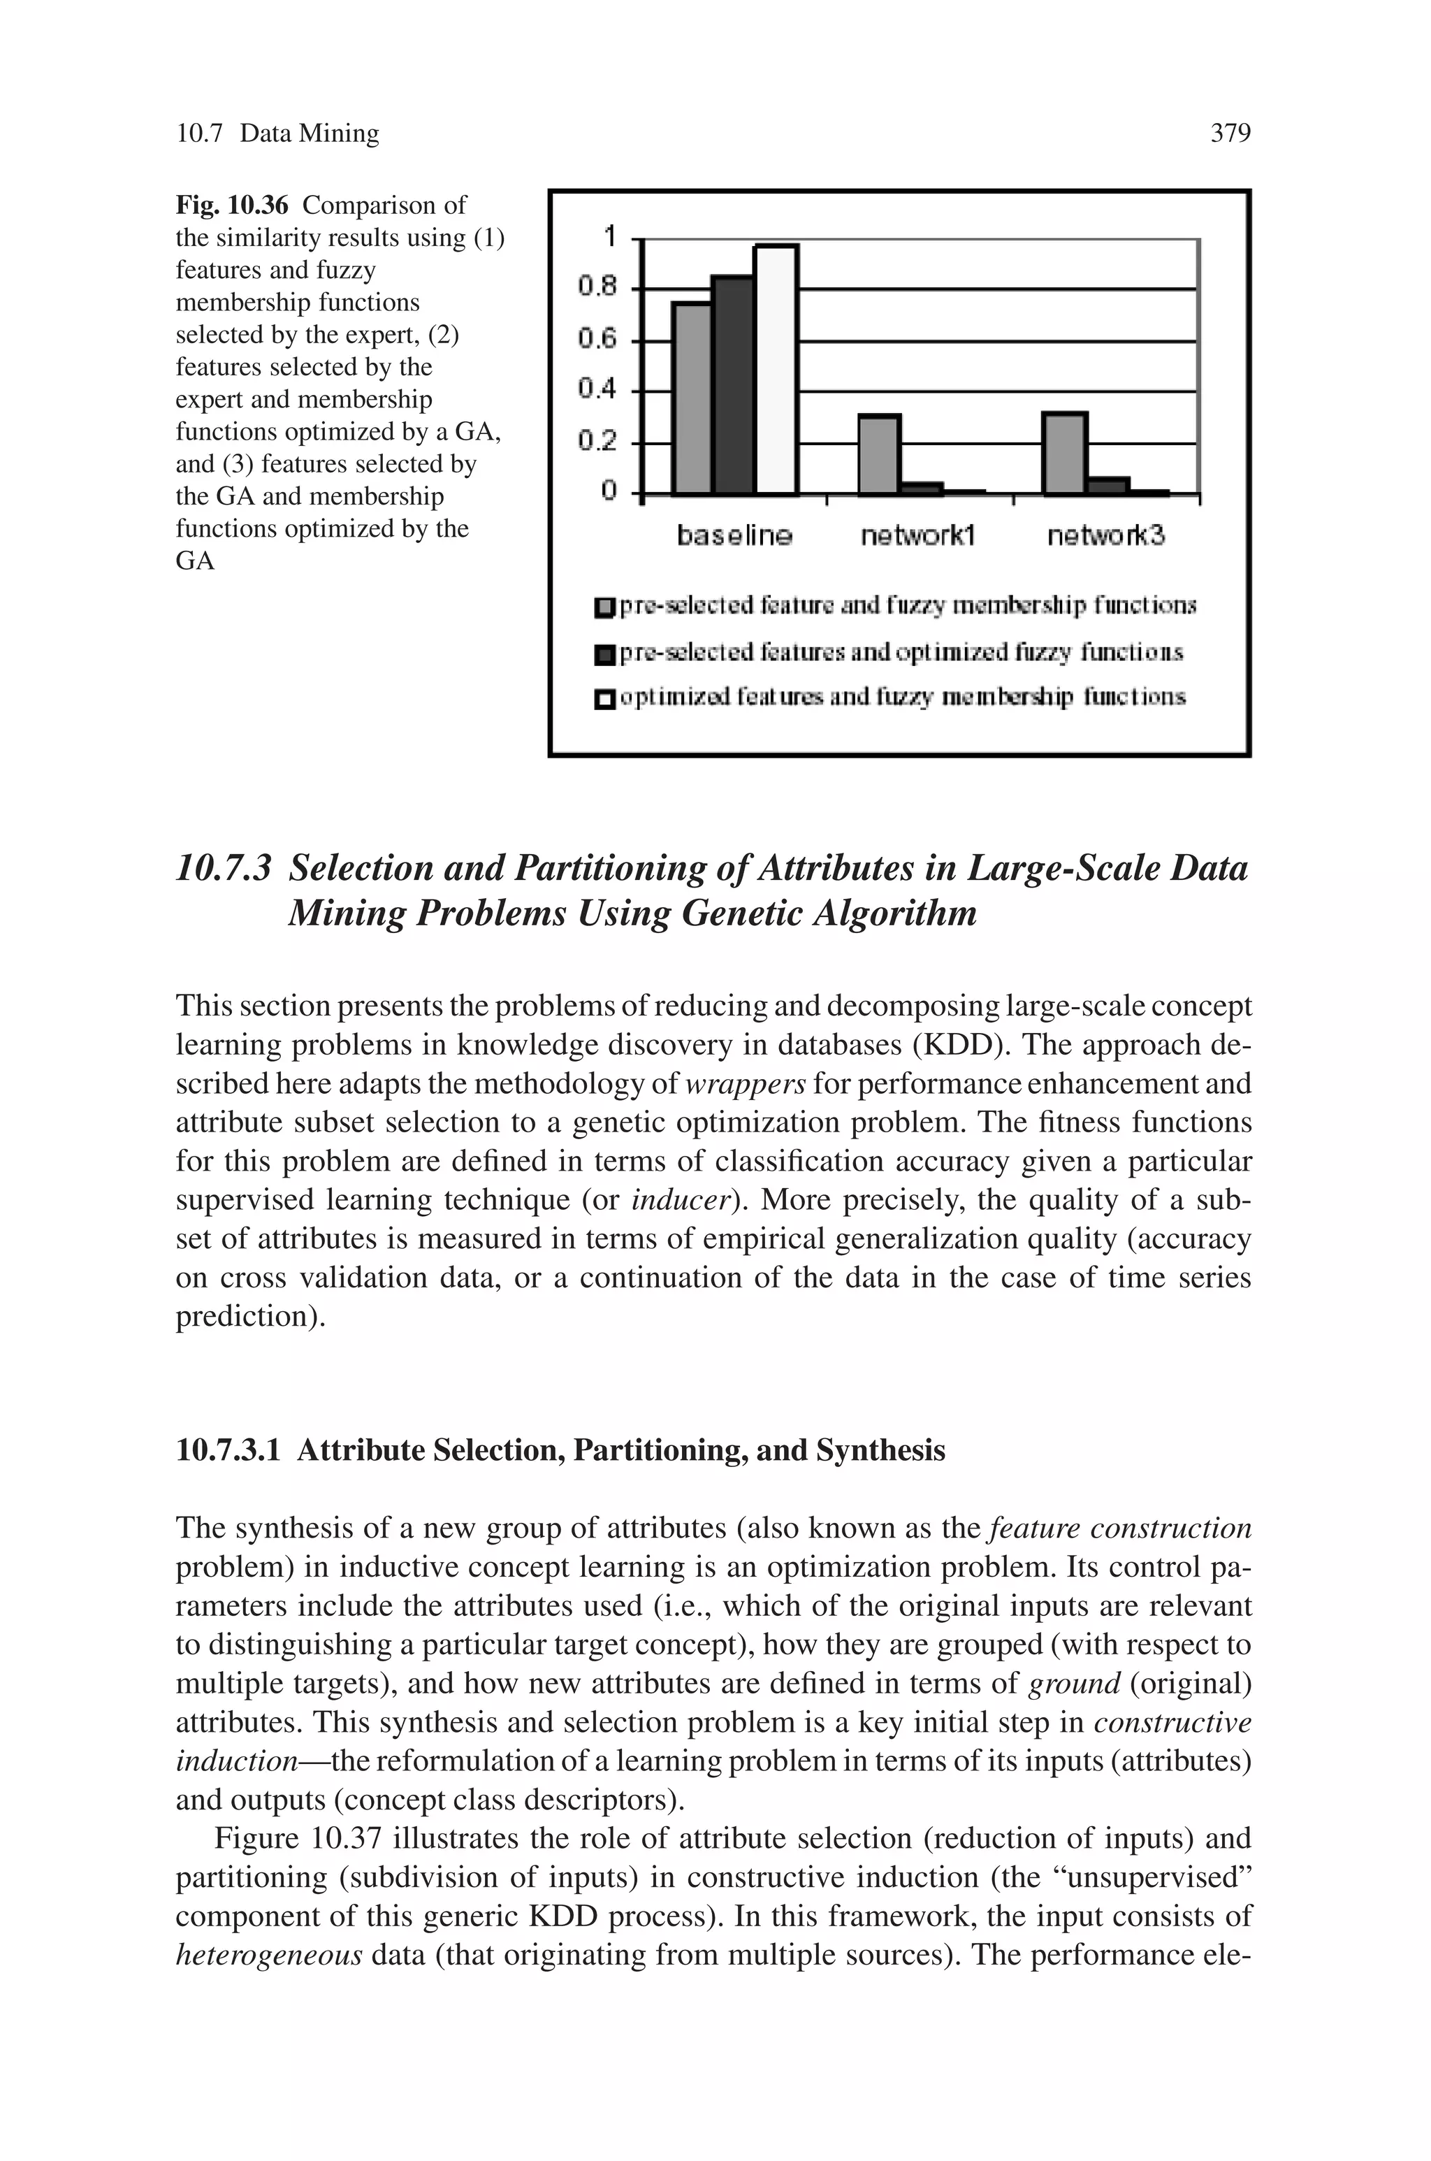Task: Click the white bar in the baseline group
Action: (776, 370)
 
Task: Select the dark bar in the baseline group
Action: (733, 385)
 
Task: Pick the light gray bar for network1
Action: (879, 454)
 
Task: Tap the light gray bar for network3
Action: (1064, 454)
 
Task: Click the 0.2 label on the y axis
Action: (598, 442)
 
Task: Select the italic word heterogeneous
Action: (269, 1956)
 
